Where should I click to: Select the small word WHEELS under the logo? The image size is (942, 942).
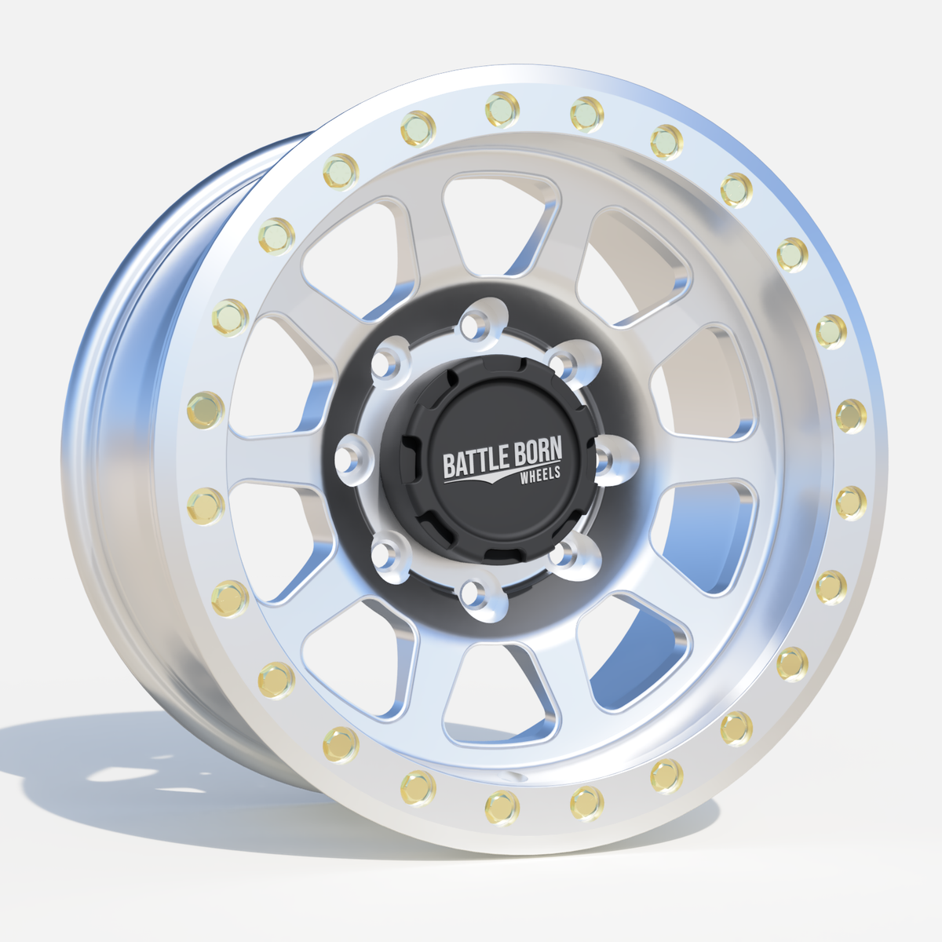coord(540,474)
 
